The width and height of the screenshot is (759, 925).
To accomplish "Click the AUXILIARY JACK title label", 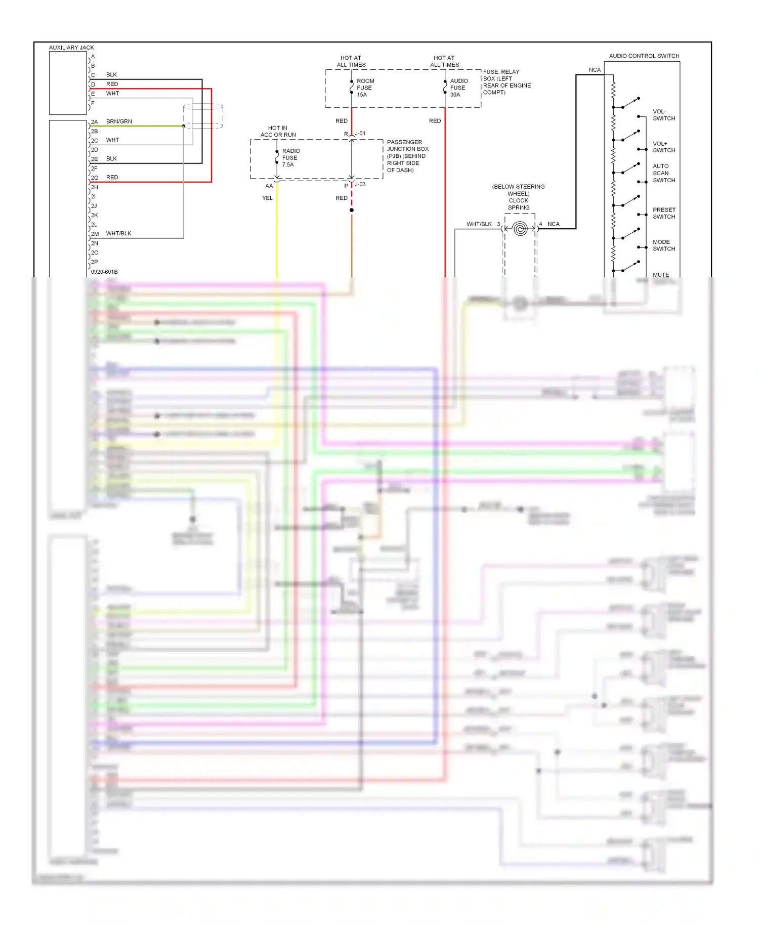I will pos(71,48).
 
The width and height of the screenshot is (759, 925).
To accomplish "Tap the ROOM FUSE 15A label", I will pos(365,88).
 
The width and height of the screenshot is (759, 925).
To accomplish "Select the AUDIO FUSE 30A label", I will pos(458,88).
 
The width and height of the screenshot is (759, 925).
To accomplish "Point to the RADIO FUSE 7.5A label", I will pos(290,158).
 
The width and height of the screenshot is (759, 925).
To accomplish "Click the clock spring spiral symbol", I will pos(520,229).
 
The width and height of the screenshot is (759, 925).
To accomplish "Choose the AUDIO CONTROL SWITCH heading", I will pos(644,56).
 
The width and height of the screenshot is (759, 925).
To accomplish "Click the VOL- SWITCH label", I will pos(663,115).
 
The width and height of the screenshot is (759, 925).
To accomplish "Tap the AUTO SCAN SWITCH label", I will pos(663,173).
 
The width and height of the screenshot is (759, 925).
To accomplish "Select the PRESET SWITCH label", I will pos(663,213).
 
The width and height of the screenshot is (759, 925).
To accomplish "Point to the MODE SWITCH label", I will pos(663,245).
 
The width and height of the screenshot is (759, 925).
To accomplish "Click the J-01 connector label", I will pos(360,134).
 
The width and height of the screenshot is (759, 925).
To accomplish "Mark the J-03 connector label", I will pos(360,184).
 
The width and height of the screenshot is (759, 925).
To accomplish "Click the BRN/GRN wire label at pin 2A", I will pos(119,121).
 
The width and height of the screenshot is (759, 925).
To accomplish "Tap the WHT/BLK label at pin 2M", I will pos(118,234).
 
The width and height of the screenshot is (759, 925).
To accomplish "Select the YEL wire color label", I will pos(267,198).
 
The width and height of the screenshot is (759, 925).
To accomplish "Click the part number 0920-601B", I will pos(104,272).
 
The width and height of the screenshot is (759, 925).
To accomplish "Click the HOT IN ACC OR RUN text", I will pos(278,132).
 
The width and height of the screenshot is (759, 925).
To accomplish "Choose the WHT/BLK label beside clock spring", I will pos(479,224).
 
